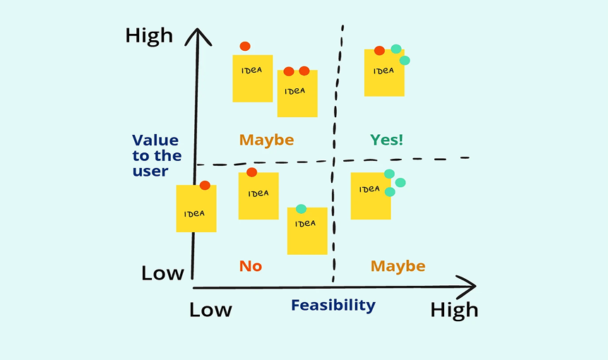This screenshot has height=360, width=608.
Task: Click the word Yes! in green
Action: tap(387, 140)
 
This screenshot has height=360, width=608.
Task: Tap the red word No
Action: tap(251, 266)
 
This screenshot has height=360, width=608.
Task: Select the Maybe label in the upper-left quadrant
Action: tap(266, 140)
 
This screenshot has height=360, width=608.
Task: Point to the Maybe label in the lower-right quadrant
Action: tap(398, 266)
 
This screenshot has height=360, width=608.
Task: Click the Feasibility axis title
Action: tap(333, 305)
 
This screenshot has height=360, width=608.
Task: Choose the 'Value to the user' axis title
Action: tap(157, 156)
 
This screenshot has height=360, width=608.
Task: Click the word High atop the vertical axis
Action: tap(149, 36)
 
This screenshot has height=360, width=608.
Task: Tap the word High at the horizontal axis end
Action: tap(454, 310)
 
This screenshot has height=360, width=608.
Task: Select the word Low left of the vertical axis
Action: tap(162, 273)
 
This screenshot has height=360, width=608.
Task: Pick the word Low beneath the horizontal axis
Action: tap(210, 310)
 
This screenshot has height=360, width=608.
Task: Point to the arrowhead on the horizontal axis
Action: tap(466, 287)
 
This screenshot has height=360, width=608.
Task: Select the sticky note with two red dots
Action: tap(297, 92)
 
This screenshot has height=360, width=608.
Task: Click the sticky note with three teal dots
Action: tap(371, 196)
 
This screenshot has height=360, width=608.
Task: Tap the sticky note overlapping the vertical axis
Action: tap(196, 209)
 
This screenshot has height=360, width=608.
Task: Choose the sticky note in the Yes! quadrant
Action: tap(384, 73)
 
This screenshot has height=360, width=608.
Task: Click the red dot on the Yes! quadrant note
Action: tap(379, 50)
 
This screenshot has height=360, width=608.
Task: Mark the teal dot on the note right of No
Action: tap(302, 208)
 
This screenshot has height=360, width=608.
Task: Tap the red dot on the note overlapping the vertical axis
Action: tap(205, 186)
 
